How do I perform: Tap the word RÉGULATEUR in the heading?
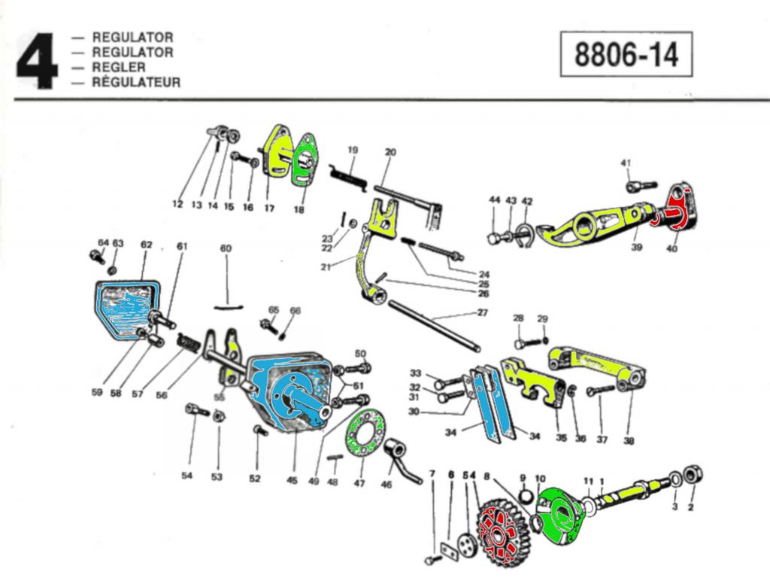coord(136,83)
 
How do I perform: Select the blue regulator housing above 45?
coord(290,391)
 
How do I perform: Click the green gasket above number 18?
coord(305,159)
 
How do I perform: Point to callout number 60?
coord(226,248)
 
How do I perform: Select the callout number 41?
coord(626,163)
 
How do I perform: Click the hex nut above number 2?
coord(696,476)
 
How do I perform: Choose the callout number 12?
coord(177,204)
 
